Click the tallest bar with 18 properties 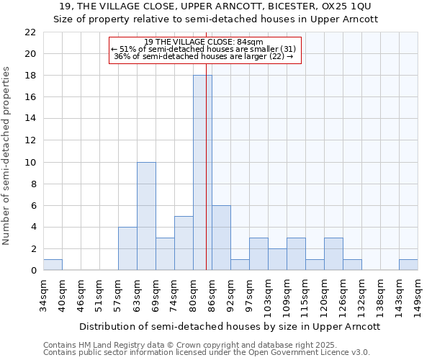pyautogui.click(x=202, y=173)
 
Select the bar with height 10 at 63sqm pyautogui.click(x=146, y=216)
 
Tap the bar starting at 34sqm pyautogui.click(x=53, y=265)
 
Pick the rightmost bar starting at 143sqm pyautogui.click(x=408, y=265)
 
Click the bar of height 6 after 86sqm pyautogui.click(x=221, y=238)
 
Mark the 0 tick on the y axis pyautogui.click(x=32, y=271)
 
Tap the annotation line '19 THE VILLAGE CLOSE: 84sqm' pyautogui.click(x=204, y=42)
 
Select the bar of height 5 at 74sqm pyautogui.click(x=184, y=243)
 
